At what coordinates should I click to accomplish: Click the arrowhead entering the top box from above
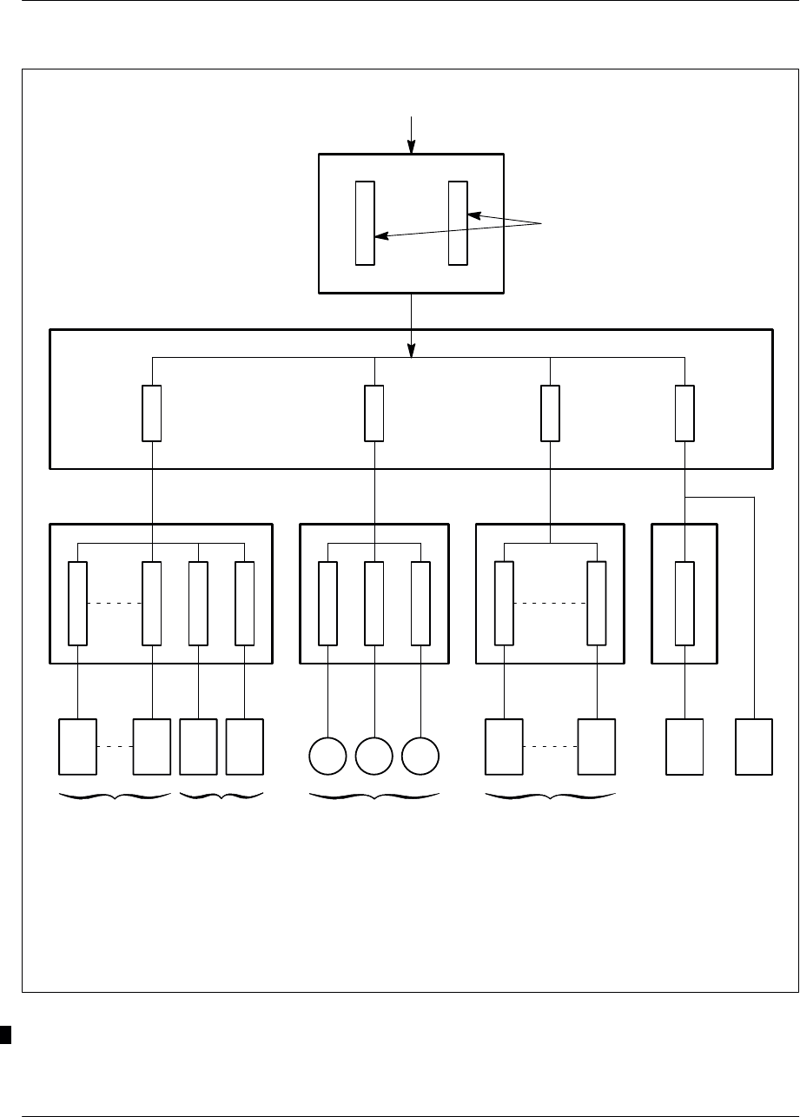click(x=415, y=149)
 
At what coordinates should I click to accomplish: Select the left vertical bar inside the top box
click(x=365, y=222)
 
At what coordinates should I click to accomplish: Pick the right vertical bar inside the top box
click(x=458, y=222)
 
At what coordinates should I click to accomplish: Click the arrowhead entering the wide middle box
click(x=411, y=350)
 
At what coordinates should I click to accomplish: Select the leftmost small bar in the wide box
click(x=151, y=413)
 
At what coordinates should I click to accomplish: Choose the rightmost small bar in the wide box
click(x=684, y=413)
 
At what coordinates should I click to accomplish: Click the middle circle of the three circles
click(x=374, y=757)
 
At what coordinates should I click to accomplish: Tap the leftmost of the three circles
click(x=327, y=757)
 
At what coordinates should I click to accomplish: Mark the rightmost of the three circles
click(x=420, y=757)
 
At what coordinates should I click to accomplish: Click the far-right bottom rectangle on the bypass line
click(x=753, y=746)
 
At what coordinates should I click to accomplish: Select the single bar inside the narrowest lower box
click(x=684, y=604)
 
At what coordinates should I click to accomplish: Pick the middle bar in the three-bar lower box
click(x=374, y=604)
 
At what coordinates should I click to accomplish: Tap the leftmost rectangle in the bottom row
click(x=77, y=746)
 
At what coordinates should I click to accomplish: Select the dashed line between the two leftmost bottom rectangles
click(x=115, y=746)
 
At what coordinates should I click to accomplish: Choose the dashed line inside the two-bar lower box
click(x=550, y=604)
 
